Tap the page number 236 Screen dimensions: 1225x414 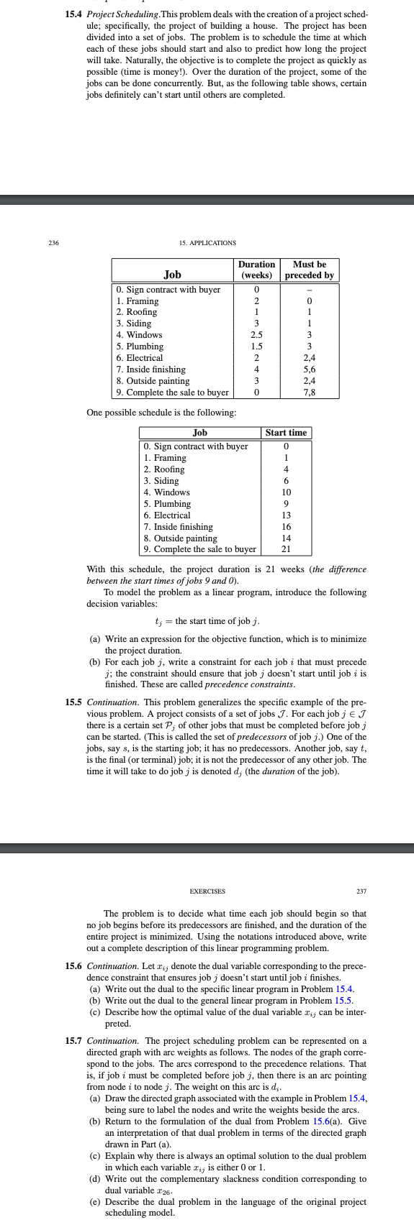(53, 243)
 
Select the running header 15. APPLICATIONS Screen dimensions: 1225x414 (207, 243)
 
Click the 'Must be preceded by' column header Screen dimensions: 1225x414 (310, 270)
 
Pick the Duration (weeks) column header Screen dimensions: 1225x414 (256, 270)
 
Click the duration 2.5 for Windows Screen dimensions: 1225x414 (256, 335)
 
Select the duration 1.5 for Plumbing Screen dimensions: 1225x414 (256, 347)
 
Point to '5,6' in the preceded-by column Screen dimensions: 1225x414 (310, 370)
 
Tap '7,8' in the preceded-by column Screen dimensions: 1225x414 (310, 393)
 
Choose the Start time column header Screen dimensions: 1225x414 (286, 433)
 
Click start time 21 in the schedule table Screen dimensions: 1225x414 (286, 550)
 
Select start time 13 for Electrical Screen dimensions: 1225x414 (286, 515)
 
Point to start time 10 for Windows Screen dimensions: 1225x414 (286, 492)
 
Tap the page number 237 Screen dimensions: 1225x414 (361, 891)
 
